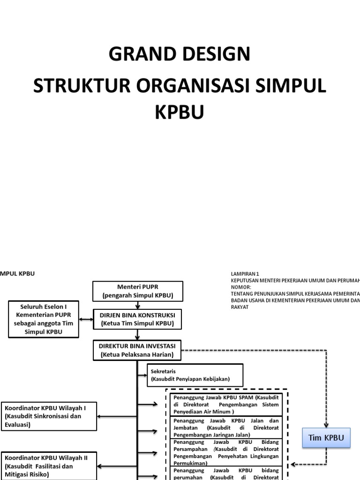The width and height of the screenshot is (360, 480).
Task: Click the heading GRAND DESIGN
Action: tap(180, 54)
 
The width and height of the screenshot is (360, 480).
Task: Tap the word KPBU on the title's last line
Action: tap(180, 113)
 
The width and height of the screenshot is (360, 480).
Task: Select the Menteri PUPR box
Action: tap(137, 291)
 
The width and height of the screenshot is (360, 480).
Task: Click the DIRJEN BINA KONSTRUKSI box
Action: tap(137, 319)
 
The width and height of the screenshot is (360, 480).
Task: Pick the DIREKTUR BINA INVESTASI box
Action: tap(137, 350)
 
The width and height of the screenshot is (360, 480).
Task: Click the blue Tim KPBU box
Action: tap(326, 438)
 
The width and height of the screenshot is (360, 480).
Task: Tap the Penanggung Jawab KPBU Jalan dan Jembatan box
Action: tap(226, 427)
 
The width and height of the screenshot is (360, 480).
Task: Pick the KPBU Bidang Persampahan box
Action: tap(226, 452)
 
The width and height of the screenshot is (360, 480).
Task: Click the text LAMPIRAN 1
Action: tap(245, 274)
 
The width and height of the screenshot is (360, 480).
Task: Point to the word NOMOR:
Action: tap(241, 287)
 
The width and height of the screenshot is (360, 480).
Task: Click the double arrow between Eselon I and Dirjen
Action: tap(85, 320)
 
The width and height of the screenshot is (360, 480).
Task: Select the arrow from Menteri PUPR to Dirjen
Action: tap(137, 305)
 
